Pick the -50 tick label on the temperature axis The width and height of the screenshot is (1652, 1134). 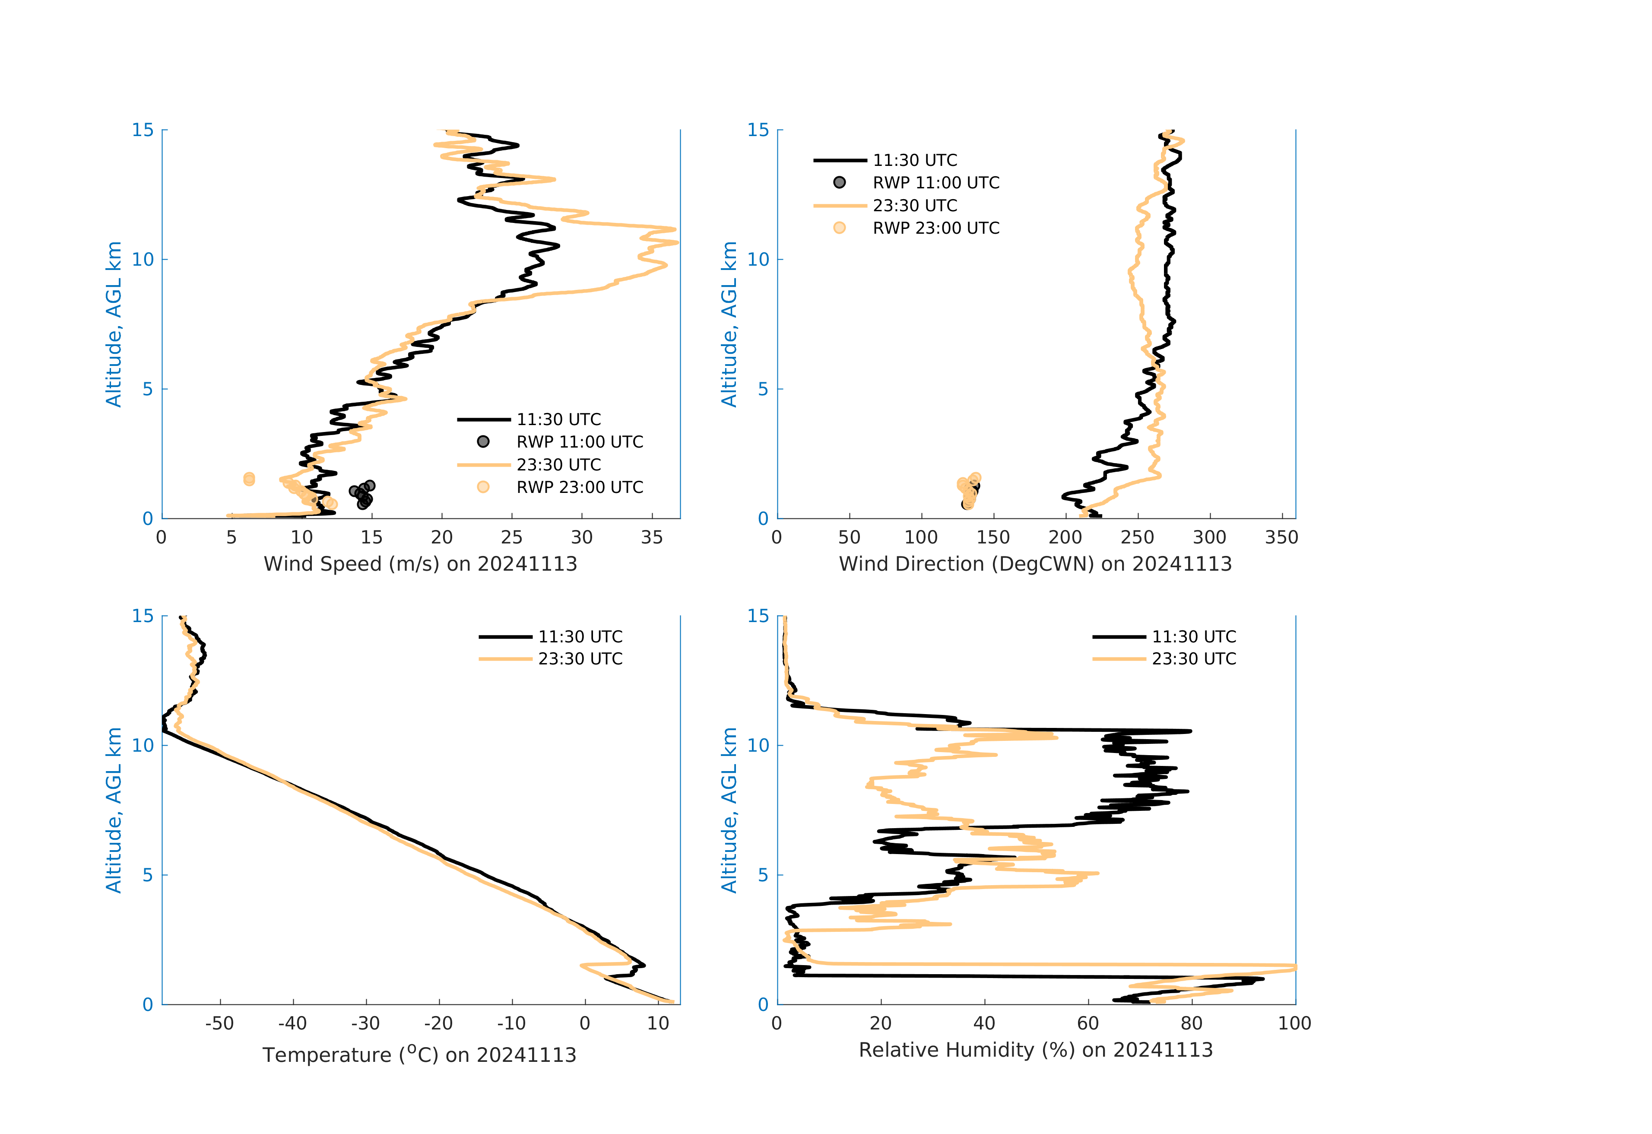220,1024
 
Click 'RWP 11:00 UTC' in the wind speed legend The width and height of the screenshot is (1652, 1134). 579,442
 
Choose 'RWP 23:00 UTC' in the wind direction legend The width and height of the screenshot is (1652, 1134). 935,228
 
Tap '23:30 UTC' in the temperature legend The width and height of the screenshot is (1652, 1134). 580,659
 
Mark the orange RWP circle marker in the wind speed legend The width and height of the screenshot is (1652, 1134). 483,487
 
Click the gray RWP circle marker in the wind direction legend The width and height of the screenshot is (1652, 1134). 840,183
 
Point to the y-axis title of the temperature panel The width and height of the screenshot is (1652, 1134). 114,810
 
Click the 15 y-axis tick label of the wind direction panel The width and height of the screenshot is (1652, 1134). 758,130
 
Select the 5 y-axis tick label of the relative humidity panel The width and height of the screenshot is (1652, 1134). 763,875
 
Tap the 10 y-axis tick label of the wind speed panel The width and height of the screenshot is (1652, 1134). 143,260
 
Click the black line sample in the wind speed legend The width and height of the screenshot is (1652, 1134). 483,419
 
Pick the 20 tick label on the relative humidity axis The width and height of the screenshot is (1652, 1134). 880,1024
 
